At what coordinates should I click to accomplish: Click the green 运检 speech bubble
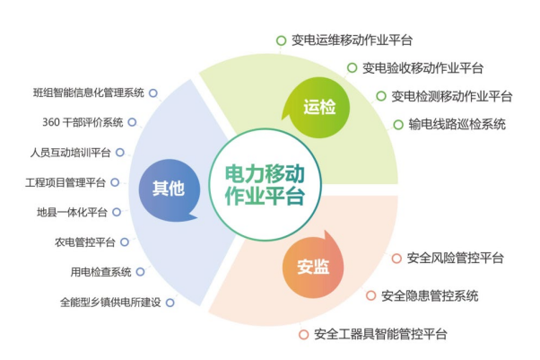tap(317, 107)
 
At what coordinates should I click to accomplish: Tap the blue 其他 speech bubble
tap(169, 189)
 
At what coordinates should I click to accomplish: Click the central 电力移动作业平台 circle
tap(266, 185)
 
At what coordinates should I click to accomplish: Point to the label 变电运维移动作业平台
tap(352, 40)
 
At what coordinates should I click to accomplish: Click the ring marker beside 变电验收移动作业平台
tap(352, 67)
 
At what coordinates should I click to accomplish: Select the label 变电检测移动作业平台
tap(451, 96)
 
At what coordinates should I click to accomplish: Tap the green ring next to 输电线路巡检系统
tap(398, 125)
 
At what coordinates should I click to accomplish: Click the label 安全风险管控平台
tap(456, 258)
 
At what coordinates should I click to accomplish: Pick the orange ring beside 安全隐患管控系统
tap(370, 295)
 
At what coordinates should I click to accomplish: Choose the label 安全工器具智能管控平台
tap(380, 334)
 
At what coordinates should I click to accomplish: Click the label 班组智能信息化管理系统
tap(89, 92)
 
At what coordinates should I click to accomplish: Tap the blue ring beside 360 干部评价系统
tap(132, 122)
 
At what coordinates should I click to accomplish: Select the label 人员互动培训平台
tap(70, 153)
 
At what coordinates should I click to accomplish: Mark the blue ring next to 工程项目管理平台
tap(115, 182)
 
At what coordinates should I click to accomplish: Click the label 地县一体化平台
tap(72, 212)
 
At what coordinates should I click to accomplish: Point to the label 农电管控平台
tap(84, 242)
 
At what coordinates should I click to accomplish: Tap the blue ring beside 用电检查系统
tap(140, 272)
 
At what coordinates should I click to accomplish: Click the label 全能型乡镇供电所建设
tap(110, 303)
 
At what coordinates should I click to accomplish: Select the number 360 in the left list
tap(51, 122)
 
